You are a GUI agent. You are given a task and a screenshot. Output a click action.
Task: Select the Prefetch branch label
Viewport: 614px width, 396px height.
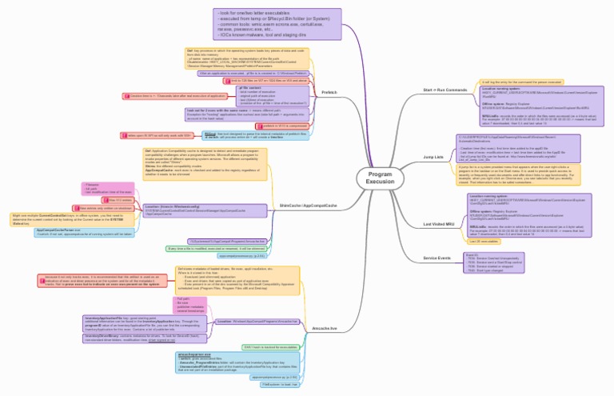tap(329, 93)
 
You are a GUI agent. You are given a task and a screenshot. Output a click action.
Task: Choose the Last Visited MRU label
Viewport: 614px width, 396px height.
tap(438, 224)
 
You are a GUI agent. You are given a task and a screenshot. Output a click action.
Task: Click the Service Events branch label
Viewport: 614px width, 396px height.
tap(437, 258)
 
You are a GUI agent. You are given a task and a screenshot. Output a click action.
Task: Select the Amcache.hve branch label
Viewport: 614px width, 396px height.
tap(325, 328)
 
